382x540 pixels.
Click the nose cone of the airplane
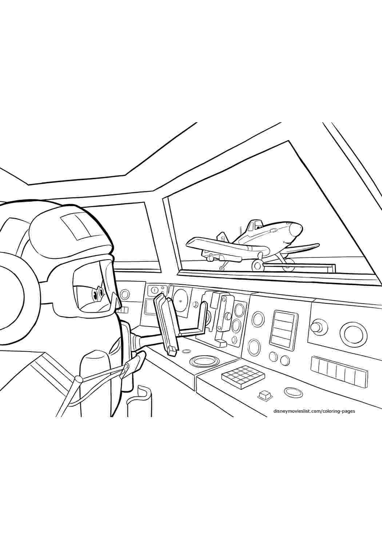(x=297, y=228)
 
